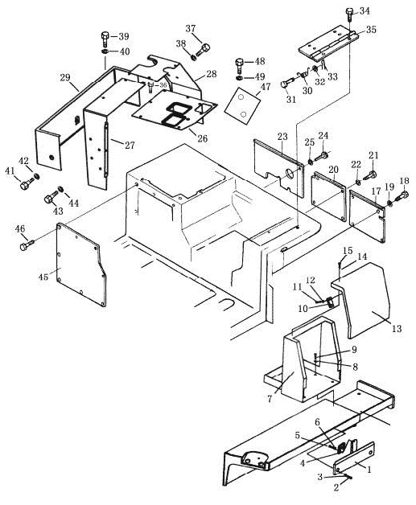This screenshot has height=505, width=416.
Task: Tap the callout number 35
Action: coord(371,30)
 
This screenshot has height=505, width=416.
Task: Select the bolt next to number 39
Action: coord(105,39)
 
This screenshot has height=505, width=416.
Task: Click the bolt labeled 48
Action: coord(240,65)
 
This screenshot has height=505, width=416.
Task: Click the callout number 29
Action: coord(64,78)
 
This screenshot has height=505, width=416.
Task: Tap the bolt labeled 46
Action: coord(27,244)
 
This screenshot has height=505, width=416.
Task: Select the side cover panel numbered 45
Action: coord(80,265)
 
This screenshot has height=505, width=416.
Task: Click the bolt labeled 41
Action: coord(27,183)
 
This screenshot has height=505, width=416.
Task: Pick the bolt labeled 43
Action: coord(51,197)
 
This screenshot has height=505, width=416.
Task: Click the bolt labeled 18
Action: coord(402,195)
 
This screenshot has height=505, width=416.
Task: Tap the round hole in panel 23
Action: coord(290,174)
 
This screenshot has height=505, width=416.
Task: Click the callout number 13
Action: coord(397,329)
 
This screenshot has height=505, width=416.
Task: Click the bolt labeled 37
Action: coord(202,50)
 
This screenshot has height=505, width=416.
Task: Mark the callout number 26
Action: coord(202,139)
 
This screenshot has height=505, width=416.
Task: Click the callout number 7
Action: coord(270,399)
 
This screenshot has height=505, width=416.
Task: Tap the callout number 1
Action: coord(369,470)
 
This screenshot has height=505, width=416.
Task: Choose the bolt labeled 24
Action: coord(320,157)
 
